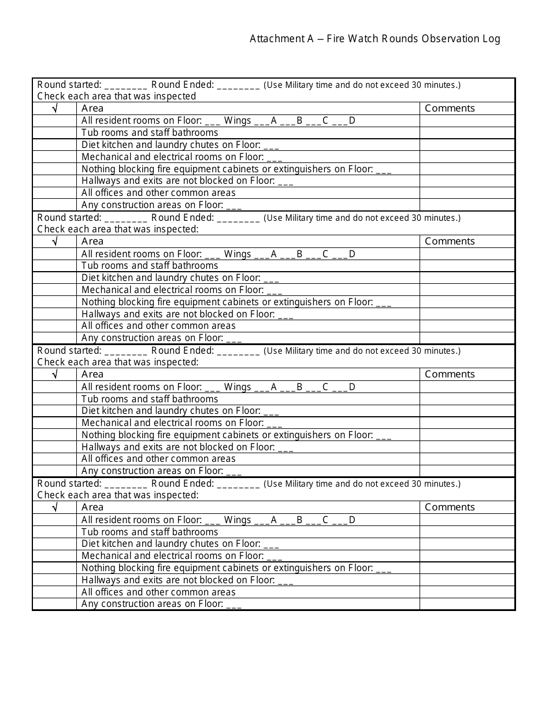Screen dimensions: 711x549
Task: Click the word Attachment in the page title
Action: (x=273, y=39)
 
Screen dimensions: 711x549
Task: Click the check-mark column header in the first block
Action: (x=54, y=108)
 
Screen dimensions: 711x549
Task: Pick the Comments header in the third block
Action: (x=450, y=374)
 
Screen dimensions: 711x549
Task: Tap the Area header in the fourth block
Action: (x=92, y=507)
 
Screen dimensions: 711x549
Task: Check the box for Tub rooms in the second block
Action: (x=54, y=266)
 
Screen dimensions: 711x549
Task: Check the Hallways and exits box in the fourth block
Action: (x=54, y=580)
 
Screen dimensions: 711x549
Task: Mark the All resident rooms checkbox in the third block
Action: (x=54, y=387)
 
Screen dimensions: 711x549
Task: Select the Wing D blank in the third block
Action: (x=340, y=388)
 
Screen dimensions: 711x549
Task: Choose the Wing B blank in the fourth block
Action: (x=288, y=521)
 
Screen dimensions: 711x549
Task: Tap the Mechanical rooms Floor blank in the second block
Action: (x=274, y=291)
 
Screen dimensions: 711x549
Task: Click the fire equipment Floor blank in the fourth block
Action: (x=383, y=569)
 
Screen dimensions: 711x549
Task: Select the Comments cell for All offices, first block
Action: (x=467, y=193)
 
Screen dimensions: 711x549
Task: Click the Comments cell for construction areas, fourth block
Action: (x=467, y=604)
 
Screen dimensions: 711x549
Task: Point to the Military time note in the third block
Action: (x=362, y=351)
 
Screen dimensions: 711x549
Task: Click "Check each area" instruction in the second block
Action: (x=118, y=229)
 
